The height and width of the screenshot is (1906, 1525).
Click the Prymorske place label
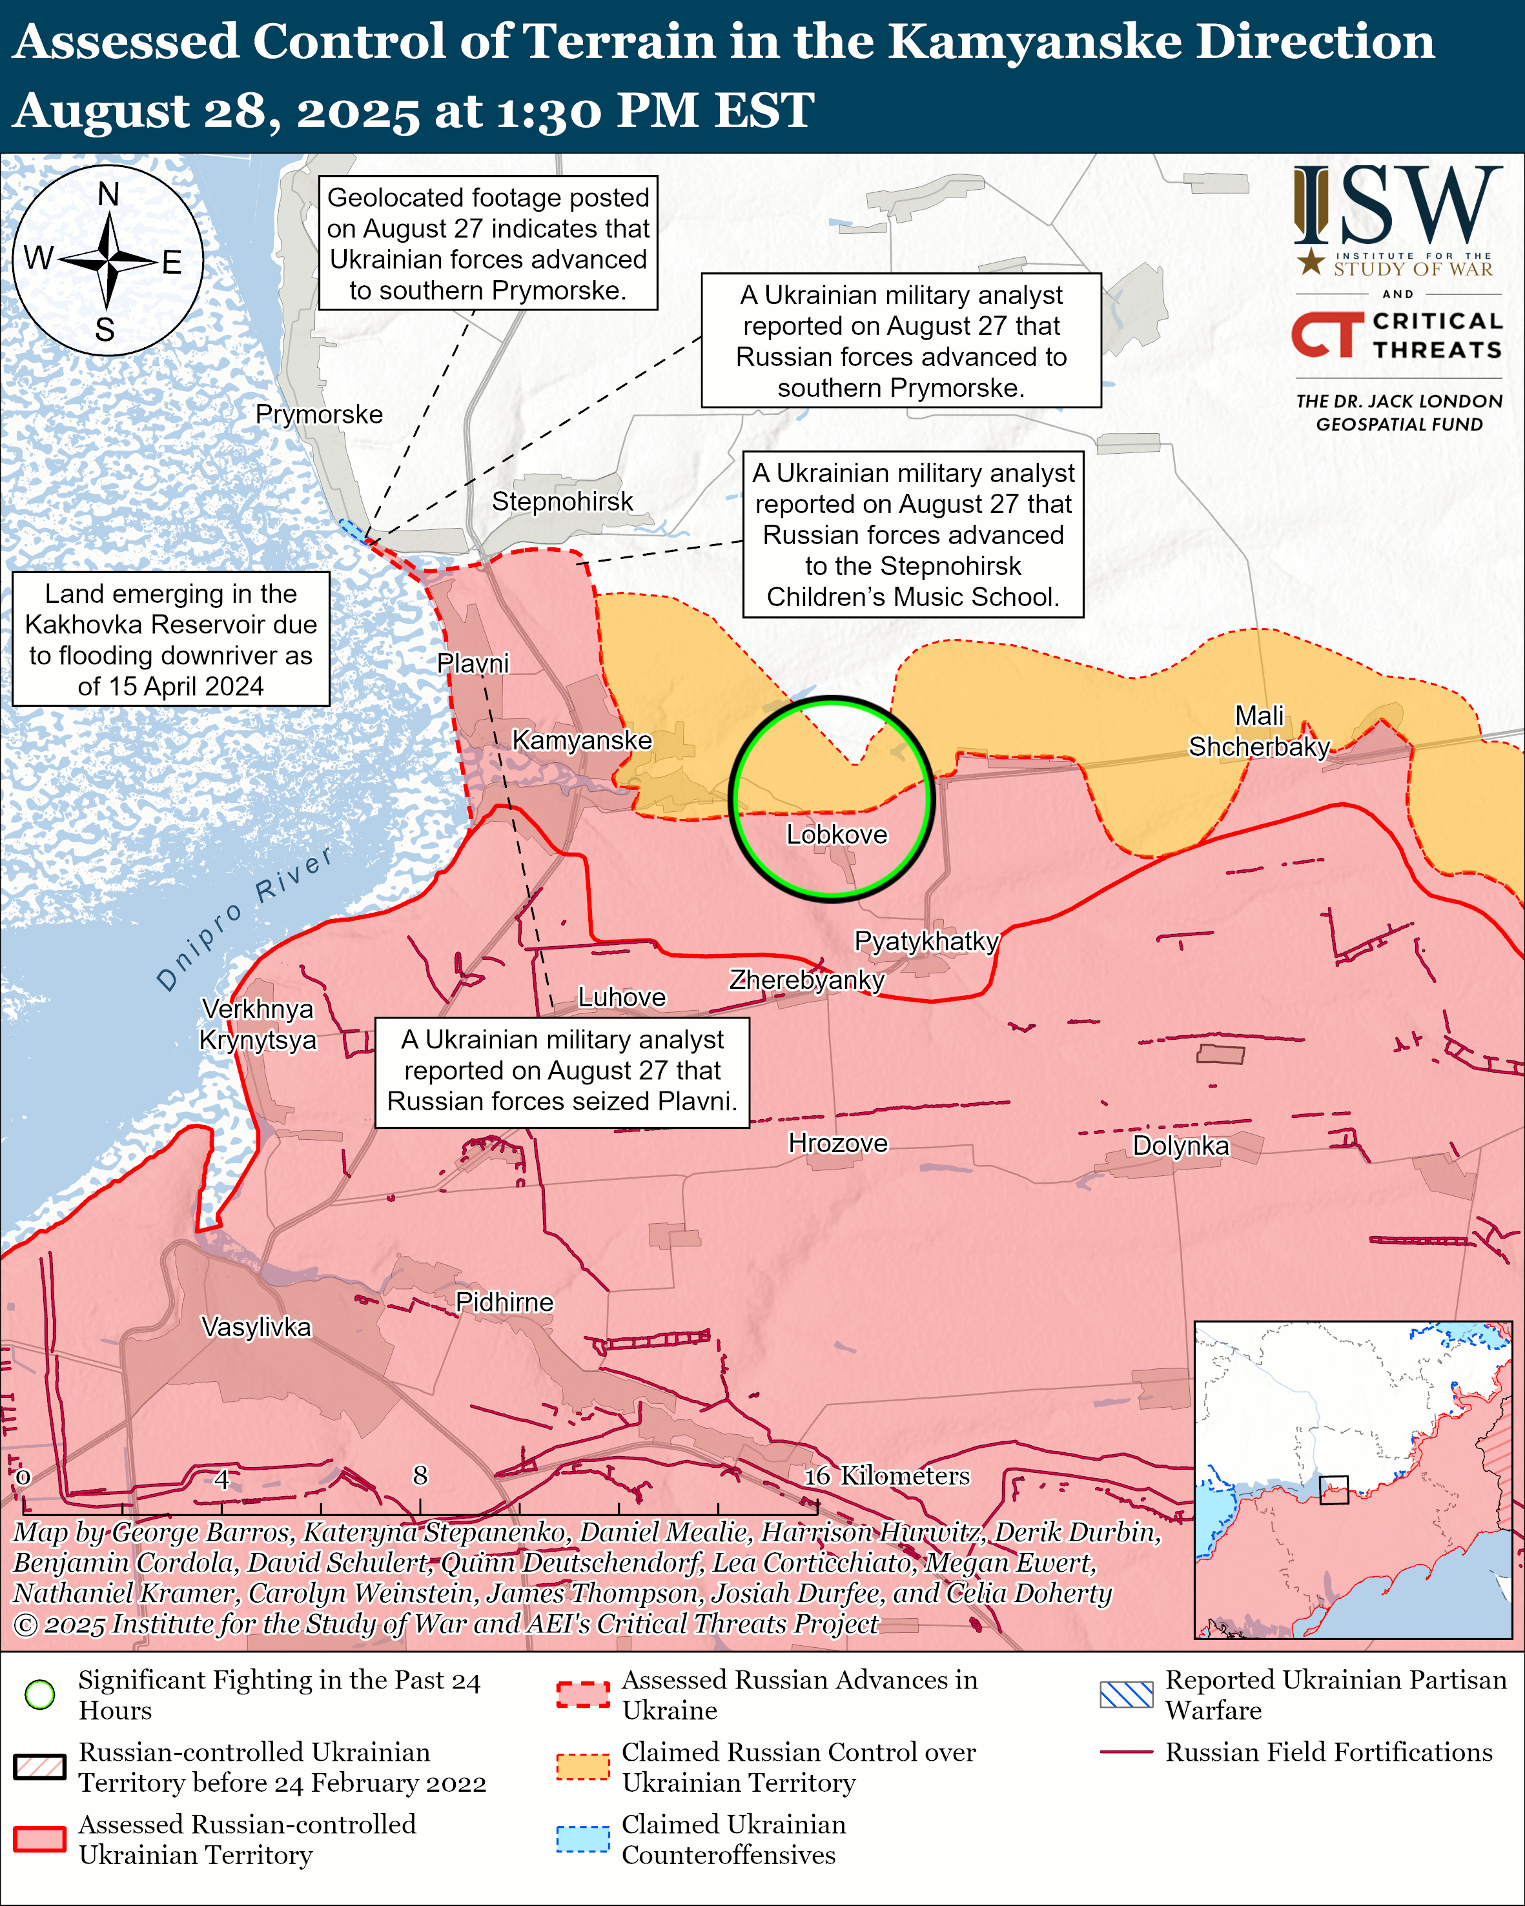[x=319, y=414]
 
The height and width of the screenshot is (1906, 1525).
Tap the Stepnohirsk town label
[x=562, y=502]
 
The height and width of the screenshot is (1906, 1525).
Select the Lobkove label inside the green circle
[x=836, y=835]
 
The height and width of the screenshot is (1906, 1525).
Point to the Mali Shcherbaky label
[x=1259, y=731]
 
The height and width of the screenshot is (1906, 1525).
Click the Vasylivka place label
[x=256, y=1327]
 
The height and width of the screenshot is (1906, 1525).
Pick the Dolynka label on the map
[x=1180, y=1146]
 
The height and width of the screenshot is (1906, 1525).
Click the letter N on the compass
[x=108, y=194]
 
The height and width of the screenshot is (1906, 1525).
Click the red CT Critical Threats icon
[x=1327, y=334]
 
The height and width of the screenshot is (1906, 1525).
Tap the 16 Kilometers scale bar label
[x=886, y=1475]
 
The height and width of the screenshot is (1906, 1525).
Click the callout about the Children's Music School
[x=912, y=535]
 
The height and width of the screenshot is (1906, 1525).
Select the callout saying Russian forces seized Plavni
[x=562, y=1071]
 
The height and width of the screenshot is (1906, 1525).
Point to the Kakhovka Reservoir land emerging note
[x=170, y=639]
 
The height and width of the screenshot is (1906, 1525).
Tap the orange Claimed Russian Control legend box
[x=582, y=1767]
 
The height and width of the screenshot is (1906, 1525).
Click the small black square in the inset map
[x=1333, y=1490]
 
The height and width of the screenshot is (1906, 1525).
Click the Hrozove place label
[x=837, y=1143]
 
